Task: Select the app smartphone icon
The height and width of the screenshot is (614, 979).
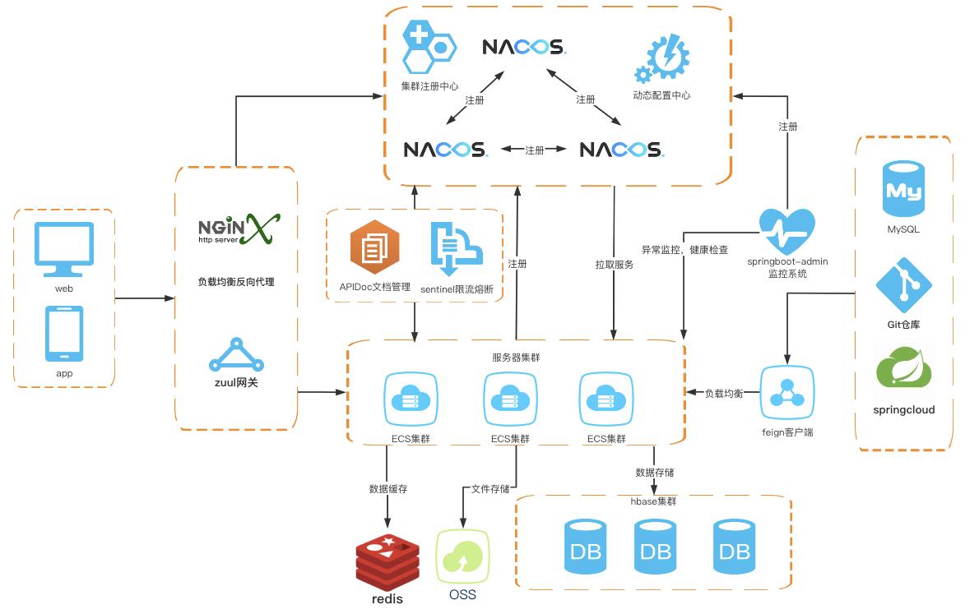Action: click(64, 334)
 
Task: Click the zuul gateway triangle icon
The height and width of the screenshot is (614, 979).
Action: click(236, 355)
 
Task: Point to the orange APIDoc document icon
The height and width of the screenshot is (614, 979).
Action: click(374, 247)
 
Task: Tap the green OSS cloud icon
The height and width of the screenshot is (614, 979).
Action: click(462, 556)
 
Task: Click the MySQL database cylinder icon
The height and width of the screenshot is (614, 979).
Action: click(903, 189)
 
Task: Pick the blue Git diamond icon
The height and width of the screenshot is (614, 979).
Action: click(903, 285)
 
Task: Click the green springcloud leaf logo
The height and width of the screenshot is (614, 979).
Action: click(903, 369)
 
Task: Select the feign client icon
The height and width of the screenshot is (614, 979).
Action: click(786, 393)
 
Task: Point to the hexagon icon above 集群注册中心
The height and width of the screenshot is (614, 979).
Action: click(429, 47)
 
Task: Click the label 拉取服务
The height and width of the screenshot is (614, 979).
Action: click(615, 265)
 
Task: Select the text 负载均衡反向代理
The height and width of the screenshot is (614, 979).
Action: click(236, 282)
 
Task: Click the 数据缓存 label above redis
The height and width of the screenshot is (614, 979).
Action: click(388, 489)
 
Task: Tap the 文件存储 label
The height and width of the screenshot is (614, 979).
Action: click(490, 489)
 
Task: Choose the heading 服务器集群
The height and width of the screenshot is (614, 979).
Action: click(517, 358)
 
